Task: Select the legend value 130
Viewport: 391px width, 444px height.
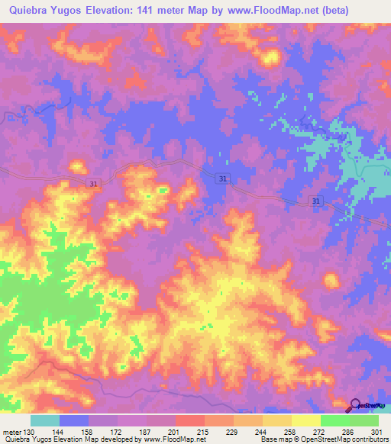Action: click(29, 432)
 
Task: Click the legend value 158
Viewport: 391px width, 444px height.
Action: click(88, 432)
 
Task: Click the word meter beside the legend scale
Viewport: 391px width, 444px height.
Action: click(11, 432)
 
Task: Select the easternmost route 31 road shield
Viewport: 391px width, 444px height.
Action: click(316, 200)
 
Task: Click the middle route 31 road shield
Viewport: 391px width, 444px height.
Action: click(222, 179)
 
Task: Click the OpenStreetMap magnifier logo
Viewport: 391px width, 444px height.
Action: click(354, 404)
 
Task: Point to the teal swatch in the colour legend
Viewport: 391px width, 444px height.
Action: click(44, 420)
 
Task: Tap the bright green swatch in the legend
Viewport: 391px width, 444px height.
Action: click(364, 420)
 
